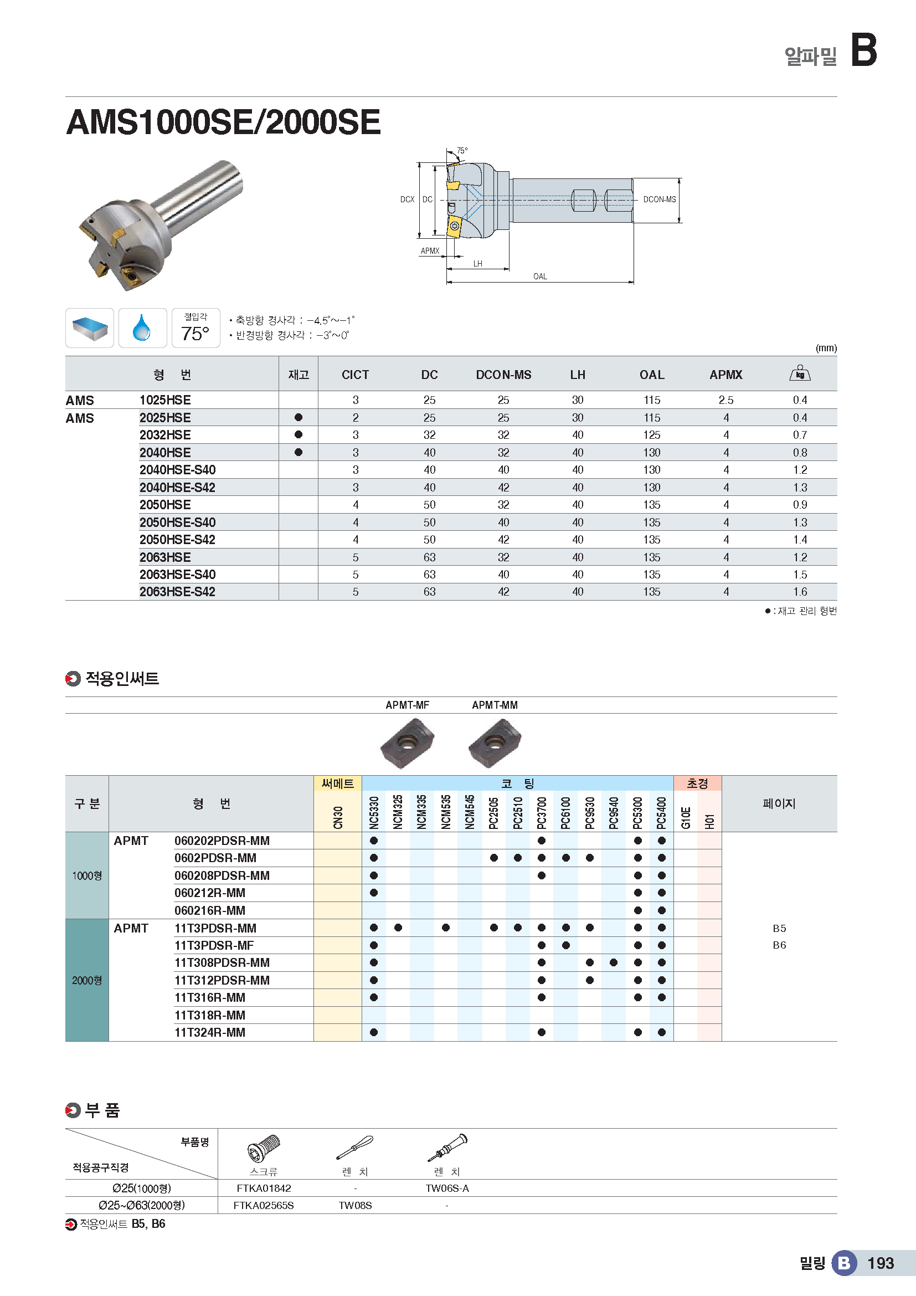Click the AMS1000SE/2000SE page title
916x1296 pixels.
(x=223, y=122)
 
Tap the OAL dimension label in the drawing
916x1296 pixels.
(x=540, y=276)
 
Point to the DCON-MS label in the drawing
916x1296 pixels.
(x=659, y=199)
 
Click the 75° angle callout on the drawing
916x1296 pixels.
(x=462, y=151)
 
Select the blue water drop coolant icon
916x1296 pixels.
(x=142, y=328)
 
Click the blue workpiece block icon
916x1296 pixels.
(x=90, y=328)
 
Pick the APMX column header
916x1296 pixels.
(x=725, y=375)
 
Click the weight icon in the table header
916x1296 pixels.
(x=799, y=373)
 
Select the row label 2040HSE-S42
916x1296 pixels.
(x=177, y=488)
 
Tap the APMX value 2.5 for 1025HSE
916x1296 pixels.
(x=725, y=400)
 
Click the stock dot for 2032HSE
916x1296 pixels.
(x=299, y=434)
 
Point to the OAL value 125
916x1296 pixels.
(x=651, y=435)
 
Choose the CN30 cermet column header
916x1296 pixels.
(x=338, y=817)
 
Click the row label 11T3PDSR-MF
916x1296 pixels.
(x=214, y=945)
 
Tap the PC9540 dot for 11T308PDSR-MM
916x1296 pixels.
(x=614, y=962)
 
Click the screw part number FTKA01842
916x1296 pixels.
(x=264, y=1188)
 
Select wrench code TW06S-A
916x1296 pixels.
(x=447, y=1188)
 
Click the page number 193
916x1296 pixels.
(x=881, y=1263)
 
